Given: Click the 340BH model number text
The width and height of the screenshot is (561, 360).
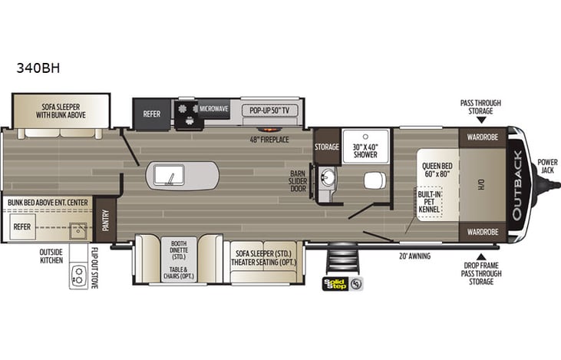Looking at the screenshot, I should tap(38, 68).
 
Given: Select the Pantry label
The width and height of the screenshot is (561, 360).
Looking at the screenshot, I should tap(106, 216).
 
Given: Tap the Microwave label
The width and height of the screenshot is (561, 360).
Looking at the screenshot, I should tap(214, 109).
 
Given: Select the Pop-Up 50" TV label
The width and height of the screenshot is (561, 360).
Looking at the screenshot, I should tap(270, 110).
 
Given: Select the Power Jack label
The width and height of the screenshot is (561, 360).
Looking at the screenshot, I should tap(547, 167).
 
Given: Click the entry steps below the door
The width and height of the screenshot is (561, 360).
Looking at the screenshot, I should tap(338, 262).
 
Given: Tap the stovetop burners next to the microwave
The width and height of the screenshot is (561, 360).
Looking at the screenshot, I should tap(186, 112).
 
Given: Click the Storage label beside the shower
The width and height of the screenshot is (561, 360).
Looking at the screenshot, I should tap(326, 146).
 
